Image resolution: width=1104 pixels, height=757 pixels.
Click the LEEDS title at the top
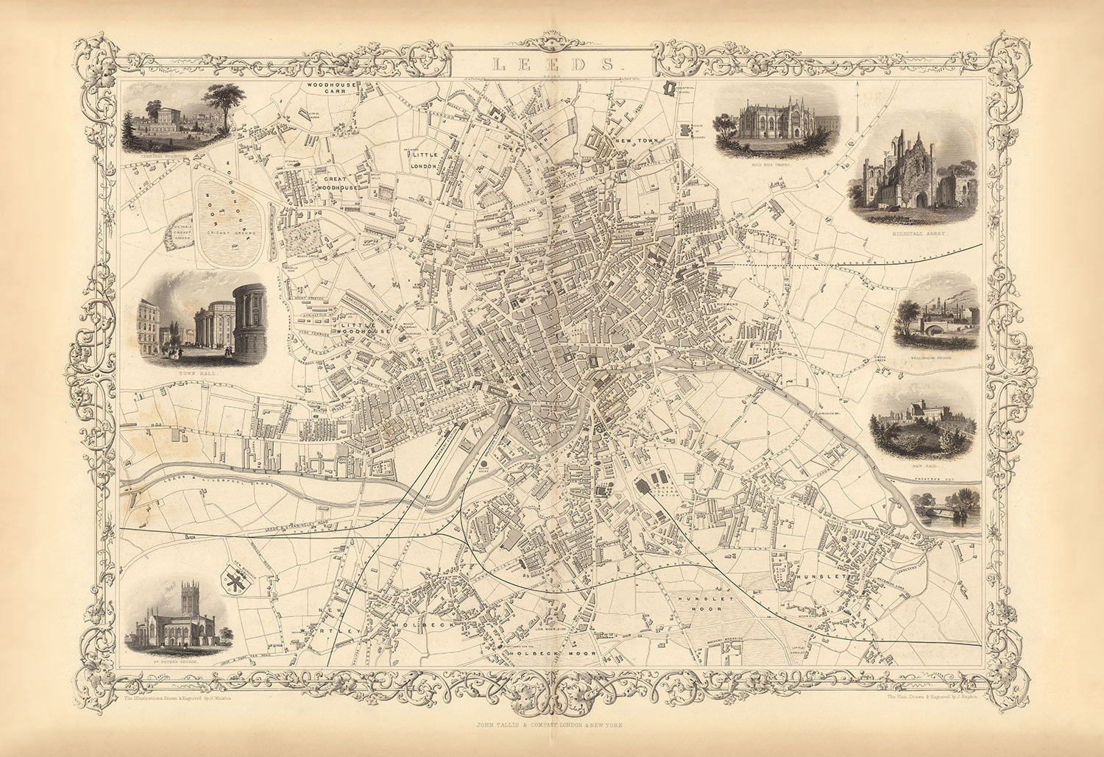point(552,64)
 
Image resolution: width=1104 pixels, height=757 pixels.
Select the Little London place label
point(425,160)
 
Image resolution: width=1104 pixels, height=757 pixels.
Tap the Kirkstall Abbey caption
point(916,232)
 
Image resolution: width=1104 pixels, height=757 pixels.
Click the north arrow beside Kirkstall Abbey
point(860,110)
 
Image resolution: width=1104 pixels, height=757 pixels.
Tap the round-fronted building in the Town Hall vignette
point(250,320)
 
